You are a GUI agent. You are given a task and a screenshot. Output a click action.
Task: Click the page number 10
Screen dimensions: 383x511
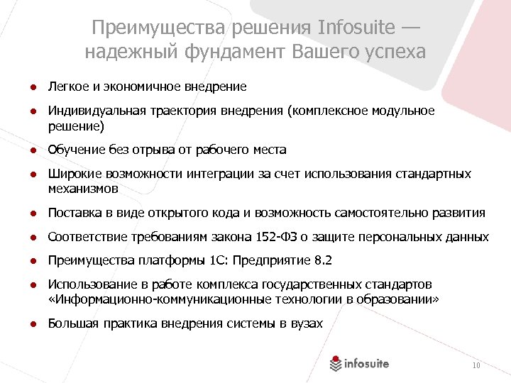[x=476, y=365]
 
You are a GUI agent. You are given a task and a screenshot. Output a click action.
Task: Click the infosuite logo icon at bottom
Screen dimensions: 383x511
[x=336, y=364]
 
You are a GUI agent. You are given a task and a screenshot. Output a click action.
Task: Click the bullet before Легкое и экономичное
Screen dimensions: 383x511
[x=33, y=87]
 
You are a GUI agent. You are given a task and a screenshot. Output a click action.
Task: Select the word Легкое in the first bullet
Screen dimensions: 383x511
[x=67, y=87]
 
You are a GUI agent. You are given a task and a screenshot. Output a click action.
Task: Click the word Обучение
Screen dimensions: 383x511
[x=77, y=150]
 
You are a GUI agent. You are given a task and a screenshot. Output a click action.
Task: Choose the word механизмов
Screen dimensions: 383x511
[x=83, y=189]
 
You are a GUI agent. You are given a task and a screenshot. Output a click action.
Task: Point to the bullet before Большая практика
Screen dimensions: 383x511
[x=33, y=324]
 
